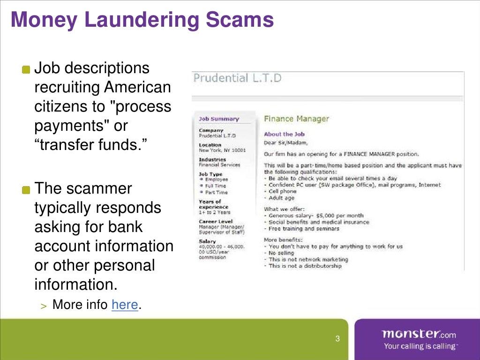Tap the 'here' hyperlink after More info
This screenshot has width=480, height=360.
[124, 305]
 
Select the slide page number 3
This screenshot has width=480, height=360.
[337, 339]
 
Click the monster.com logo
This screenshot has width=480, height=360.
[418, 334]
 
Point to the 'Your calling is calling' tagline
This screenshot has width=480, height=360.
[420, 346]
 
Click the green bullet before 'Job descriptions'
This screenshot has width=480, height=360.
[26, 69]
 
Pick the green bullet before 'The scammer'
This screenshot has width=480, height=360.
[26, 190]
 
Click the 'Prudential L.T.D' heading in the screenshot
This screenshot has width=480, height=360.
[237, 78]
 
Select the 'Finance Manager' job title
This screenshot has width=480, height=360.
[296, 119]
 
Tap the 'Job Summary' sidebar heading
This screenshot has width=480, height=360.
[218, 119]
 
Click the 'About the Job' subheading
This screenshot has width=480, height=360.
[285, 134]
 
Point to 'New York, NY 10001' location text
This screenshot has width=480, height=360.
[222, 150]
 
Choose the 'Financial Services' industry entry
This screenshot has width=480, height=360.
[219, 165]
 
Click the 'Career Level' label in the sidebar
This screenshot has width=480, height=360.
[215, 221]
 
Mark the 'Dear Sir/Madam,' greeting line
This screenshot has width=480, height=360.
[285, 142]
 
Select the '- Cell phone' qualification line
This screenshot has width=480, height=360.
[281, 191]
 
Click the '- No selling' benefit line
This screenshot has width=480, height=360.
[279, 253]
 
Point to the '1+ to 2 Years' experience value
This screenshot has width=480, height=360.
[214, 212]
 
